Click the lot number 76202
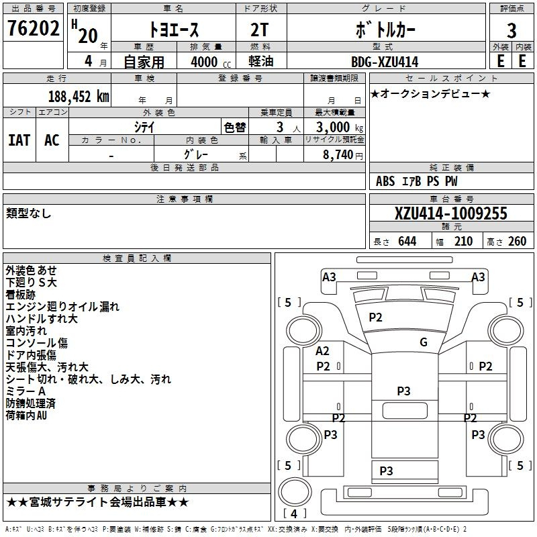33,28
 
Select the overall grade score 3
511,31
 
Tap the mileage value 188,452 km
79,97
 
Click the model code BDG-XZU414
385,62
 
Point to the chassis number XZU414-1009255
450,213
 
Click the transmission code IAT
19,140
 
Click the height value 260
517,242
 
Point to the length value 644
407,242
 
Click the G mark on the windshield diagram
424,342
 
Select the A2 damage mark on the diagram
322,351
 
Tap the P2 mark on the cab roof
375,318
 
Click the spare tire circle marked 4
295,491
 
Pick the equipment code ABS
385,181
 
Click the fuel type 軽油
260,62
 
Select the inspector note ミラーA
26,391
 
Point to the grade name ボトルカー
385,30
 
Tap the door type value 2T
259,30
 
